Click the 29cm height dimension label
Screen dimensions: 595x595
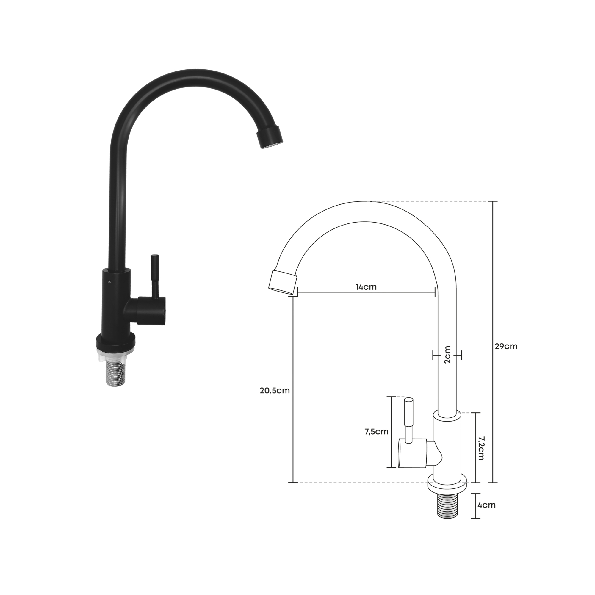pyautogui.click(x=506, y=347)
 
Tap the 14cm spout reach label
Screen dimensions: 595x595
pyautogui.click(x=366, y=287)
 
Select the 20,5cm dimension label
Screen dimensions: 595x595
pyautogui.click(x=275, y=391)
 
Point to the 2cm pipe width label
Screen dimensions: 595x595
pyautogui.click(x=447, y=355)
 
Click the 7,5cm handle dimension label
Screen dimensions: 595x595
pyautogui.click(x=376, y=432)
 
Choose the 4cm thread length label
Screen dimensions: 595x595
pyautogui.click(x=487, y=505)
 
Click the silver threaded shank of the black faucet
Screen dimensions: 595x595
pyautogui.click(x=115, y=374)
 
